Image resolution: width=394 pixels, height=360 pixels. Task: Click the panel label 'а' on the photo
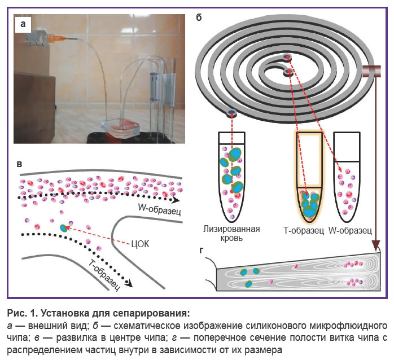[23, 24]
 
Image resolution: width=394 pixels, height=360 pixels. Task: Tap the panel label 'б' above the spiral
[199, 17]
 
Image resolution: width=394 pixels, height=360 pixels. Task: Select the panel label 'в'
[19, 164]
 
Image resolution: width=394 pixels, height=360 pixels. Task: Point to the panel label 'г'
[202, 251]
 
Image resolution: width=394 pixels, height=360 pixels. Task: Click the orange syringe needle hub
[58, 39]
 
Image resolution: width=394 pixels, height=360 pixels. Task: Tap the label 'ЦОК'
[140, 244]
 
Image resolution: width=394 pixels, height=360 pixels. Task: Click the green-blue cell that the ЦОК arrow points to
[64, 228]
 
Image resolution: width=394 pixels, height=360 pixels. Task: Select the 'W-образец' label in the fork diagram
[160, 209]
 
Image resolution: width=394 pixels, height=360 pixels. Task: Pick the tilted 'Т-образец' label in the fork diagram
[104, 275]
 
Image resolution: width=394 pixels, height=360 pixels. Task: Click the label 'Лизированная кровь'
[231, 233]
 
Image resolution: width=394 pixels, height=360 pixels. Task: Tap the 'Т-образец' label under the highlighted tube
[304, 230]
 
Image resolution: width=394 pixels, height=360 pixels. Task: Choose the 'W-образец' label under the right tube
[350, 230]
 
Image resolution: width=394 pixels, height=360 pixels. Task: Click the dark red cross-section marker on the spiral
[371, 71]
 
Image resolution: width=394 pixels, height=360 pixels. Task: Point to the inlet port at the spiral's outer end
[231, 113]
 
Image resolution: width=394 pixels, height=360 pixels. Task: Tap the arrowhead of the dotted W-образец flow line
[176, 200]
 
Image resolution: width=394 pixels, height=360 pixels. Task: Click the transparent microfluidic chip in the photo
[120, 128]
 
